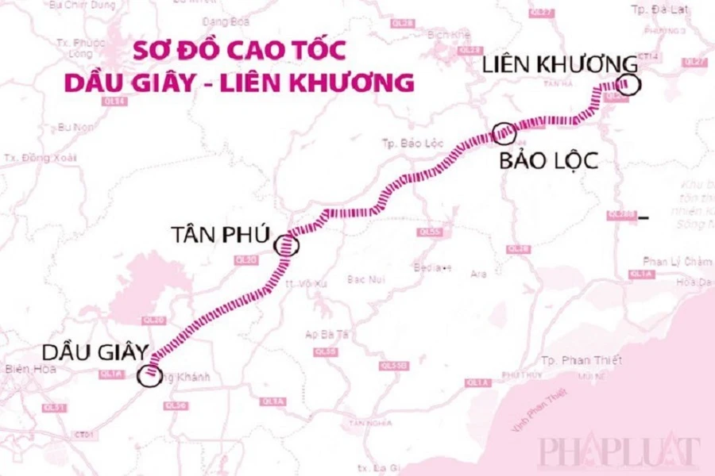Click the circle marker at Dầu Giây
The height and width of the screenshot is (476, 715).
click(x=149, y=374)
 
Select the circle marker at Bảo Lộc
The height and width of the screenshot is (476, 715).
click(x=504, y=134)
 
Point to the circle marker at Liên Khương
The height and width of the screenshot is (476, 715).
click(x=628, y=84)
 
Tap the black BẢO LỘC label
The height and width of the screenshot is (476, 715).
click(x=548, y=162)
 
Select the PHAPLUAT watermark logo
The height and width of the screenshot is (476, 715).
click(x=620, y=451)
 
